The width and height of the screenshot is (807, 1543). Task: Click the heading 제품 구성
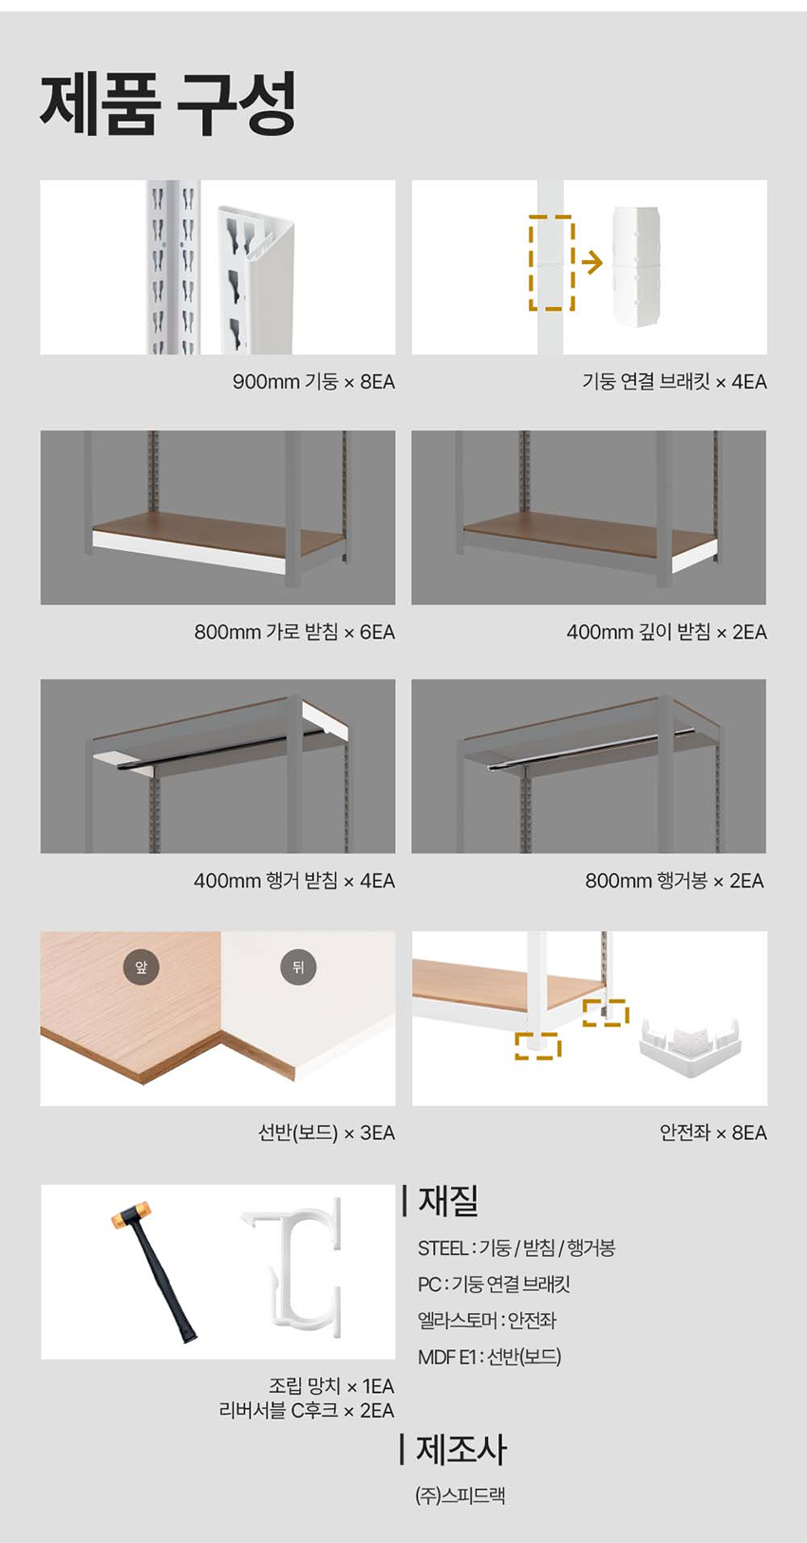[x=168, y=104]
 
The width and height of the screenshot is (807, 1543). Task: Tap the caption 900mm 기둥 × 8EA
[x=313, y=382]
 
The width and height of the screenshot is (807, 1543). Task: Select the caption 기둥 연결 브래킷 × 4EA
[x=674, y=382]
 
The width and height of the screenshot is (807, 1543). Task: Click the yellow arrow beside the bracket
[x=591, y=262]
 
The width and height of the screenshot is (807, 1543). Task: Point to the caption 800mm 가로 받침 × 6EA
[x=294, y=632]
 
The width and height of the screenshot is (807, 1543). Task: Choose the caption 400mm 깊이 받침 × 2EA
[x=666, y=632]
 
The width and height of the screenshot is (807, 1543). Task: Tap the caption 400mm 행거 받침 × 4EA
[x=294, y=881]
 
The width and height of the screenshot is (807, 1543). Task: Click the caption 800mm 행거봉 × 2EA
[x=674, y=881]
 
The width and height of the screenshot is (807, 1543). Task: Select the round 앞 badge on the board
[x=141, y=967]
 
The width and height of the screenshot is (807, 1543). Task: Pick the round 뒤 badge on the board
[x=298, y=967]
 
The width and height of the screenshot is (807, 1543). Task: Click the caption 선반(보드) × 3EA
[x=327, y=1133]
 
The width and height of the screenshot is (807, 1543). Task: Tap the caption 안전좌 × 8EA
[x=713, y=1133]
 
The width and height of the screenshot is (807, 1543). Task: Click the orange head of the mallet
[x=131, y=1218]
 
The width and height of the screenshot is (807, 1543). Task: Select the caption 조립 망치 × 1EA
[x=331, y=1386]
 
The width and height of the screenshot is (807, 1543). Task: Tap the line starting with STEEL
[x=516, y=1248]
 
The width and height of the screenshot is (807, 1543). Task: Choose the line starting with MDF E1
[x=490, y=1357]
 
